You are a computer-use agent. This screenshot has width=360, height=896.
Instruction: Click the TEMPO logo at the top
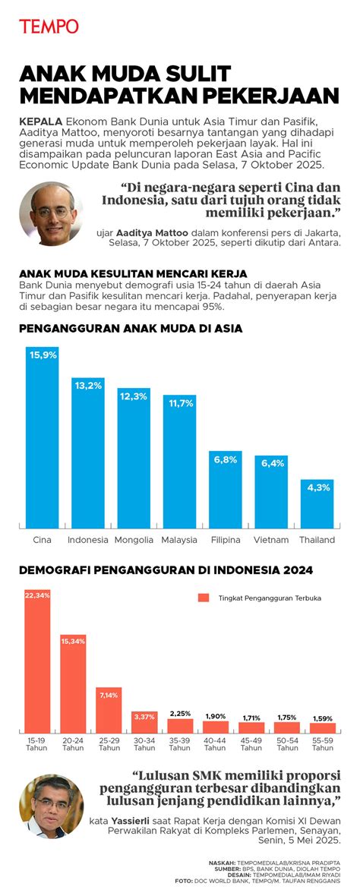click(49, 26)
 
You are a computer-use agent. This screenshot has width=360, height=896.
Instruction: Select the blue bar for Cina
click(43, 440)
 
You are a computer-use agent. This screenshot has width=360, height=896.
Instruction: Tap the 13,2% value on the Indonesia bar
click(88, 386)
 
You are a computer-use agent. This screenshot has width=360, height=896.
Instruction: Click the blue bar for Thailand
click(317, 505)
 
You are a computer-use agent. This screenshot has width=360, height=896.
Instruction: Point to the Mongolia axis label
click(134, 540)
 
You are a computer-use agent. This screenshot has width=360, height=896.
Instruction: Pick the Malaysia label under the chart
click(179, 540)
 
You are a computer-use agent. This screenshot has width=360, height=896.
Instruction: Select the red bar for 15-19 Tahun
click(37, 661)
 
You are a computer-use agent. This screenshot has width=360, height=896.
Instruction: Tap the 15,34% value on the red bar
click(73, 642)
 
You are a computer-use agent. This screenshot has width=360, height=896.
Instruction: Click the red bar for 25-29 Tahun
click(109, 710)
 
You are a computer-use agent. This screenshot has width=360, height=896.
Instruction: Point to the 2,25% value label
click(180, 714)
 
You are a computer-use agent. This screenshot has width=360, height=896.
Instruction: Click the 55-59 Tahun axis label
click(322, 743)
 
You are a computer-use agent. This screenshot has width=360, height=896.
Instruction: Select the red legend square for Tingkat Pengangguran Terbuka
click(203, 598)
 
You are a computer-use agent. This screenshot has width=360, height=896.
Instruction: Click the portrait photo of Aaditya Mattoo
click(51, 212)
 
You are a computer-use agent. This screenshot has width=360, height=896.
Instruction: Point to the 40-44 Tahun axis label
click(215, 743)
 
